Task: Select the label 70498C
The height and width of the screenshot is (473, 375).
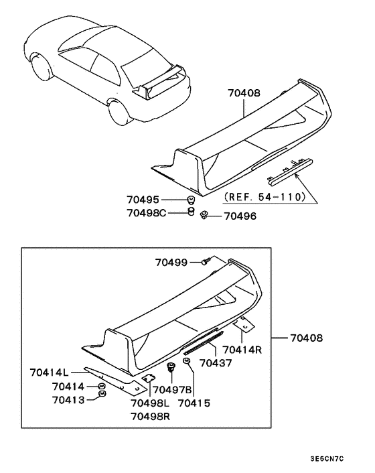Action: [147, 213]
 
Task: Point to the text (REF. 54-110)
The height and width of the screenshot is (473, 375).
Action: [267, 197]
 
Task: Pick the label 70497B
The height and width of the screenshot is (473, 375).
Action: [173, 389]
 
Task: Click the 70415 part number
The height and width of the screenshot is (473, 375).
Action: [194, 403]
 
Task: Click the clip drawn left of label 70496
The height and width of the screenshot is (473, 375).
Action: [204, 214]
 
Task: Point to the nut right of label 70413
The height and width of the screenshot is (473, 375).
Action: [102, 395]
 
